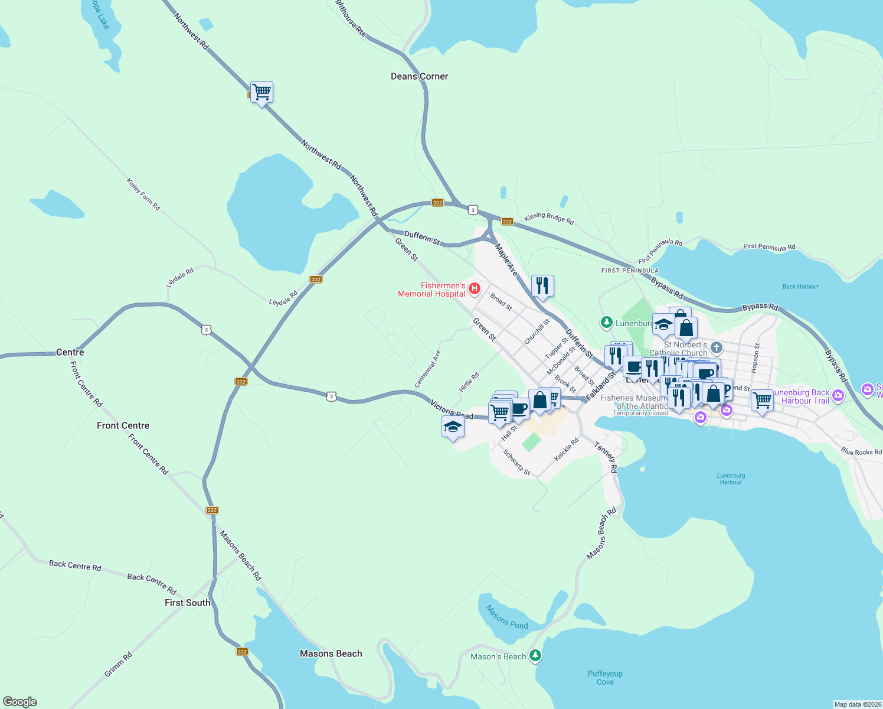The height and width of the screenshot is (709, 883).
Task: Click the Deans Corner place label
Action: [419, 76]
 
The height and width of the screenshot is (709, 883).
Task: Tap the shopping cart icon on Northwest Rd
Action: [261, 92]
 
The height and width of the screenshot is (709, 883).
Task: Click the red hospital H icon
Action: [474, 288]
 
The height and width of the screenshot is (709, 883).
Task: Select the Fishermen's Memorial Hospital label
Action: [431, 290]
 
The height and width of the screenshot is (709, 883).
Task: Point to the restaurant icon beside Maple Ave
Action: [542, 285]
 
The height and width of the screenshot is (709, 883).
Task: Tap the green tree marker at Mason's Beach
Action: [535, 655]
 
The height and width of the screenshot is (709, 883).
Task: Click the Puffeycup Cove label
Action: [605, 678]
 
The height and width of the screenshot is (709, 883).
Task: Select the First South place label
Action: [187, 603]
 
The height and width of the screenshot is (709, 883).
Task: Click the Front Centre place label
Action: [123, 425]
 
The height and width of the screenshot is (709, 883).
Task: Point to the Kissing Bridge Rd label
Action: [549, 218]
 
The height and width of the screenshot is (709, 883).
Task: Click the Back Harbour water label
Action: [800, 287]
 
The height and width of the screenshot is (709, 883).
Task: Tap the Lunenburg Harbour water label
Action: [731, 479]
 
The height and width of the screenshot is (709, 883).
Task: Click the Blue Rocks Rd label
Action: [861, 452]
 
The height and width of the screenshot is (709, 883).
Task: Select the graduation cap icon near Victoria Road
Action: [453, 427]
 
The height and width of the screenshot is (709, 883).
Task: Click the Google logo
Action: [20, 702]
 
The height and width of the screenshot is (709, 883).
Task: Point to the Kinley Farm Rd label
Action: [143, 194]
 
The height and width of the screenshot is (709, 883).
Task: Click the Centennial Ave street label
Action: [428, 369]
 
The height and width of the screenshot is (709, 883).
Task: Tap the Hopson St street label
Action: [756, 358]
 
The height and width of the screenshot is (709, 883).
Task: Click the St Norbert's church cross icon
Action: [717, 347]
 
